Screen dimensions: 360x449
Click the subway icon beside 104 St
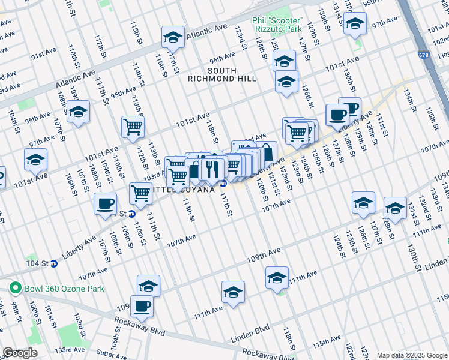point(54,263)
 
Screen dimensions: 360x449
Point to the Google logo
point(20,353)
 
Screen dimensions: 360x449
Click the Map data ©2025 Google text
point(411,355)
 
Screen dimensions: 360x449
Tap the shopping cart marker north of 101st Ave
point(133,127)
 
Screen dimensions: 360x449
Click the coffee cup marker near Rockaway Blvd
point(142,306)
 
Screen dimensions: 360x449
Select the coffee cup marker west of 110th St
point(106,203)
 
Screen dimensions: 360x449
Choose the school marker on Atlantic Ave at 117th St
point(173,38)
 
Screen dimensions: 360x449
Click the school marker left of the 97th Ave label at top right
point(354,24)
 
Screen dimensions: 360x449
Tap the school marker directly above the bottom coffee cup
point(148,286)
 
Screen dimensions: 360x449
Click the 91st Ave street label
point(44,54)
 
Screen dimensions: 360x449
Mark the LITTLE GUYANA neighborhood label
point(187,190)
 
